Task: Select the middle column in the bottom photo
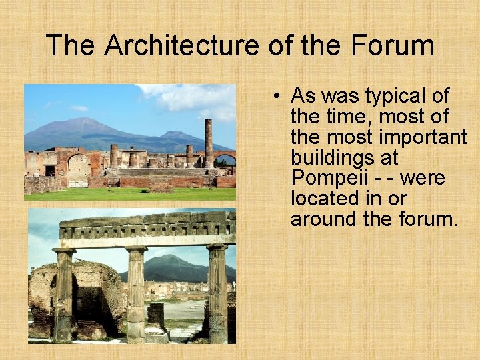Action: [x=136, y=293]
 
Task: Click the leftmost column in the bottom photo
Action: [x=64, y=295]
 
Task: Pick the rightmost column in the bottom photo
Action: [x=217, y=293]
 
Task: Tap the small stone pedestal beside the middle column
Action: [x=157, y=315]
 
